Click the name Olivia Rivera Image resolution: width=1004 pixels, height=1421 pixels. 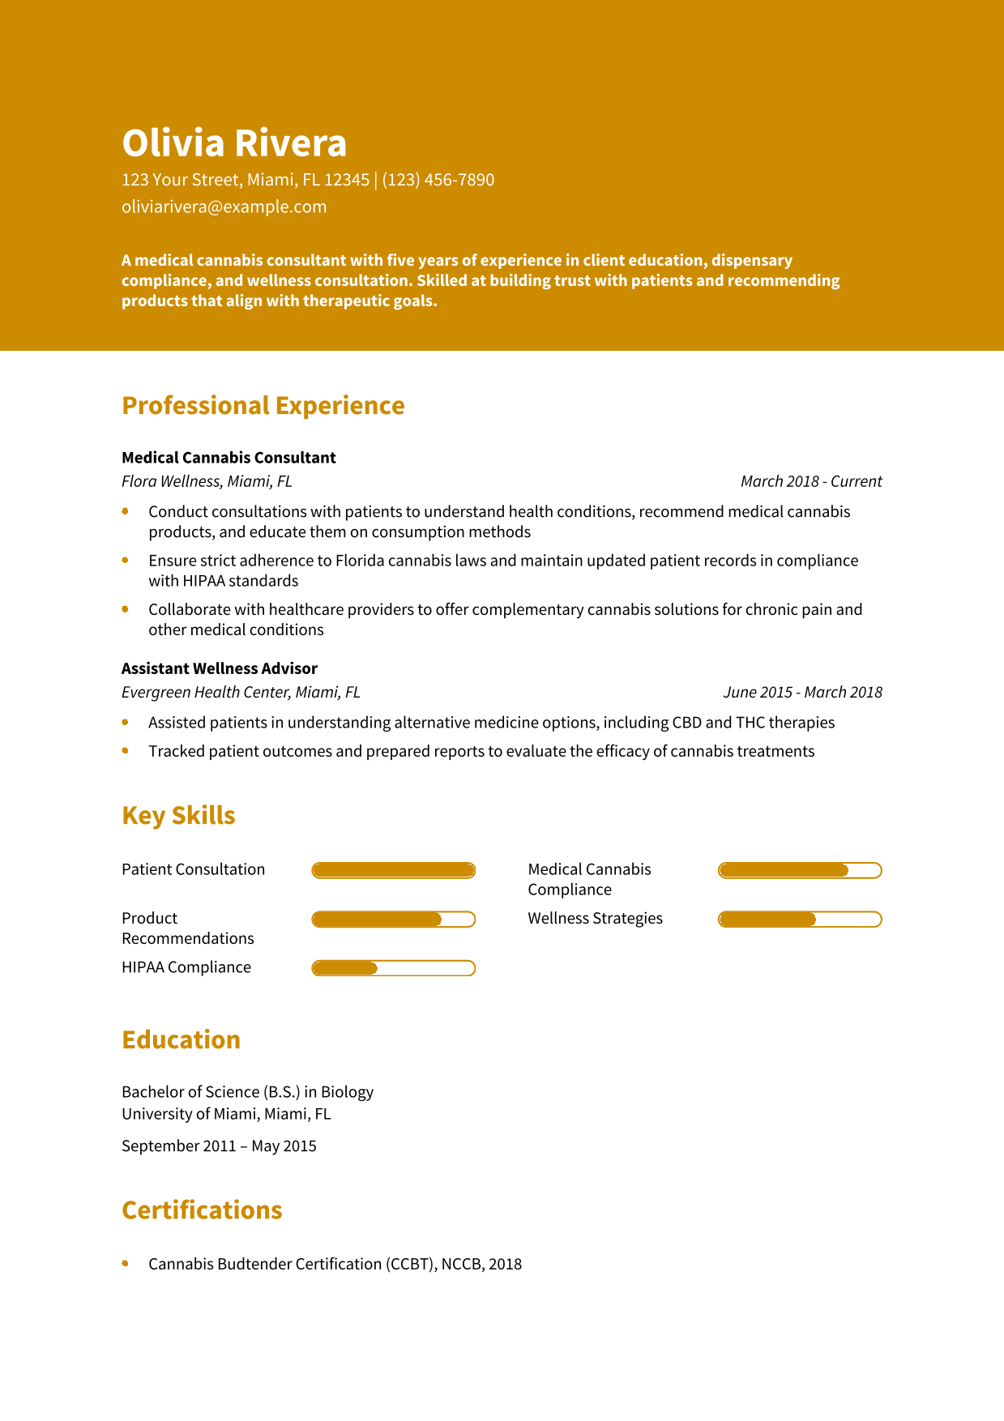[x=234, y=143]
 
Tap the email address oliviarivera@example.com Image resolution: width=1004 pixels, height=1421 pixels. [x=224, y=207]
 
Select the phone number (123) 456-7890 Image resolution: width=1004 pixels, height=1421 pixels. [x=438, y=180]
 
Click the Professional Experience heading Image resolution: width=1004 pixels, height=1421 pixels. [x=263, y=405]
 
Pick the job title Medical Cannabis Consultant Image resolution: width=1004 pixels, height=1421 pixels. [x=229, y=458]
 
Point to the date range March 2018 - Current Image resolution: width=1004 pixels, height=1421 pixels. [x=810, y=481]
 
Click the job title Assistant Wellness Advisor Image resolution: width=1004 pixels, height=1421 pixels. [x=219, y=668]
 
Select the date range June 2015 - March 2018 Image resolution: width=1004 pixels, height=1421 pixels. [x=802, y=692]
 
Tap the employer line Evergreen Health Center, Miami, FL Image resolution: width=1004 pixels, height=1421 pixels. [x=241, y=692]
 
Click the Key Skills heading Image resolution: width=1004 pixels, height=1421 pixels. [x=178, y=815]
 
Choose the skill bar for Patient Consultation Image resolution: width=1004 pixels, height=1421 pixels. [x=393, y=870]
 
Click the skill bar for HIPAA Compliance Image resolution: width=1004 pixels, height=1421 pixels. [x=393, y=968]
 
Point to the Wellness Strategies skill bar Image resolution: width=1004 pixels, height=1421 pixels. [x=800, y=920]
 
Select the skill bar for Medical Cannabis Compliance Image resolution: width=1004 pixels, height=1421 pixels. [x=800, y=870]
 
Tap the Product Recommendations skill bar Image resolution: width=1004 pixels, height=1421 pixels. [x=393, y=920]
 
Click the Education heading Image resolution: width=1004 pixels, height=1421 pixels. [x=181, y=1039]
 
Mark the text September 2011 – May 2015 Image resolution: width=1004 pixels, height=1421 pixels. [x=219, y=1146]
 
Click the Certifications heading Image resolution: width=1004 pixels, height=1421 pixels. [x=202, y=1210]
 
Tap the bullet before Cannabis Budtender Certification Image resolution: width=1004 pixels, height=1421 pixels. [x=126, y=1263]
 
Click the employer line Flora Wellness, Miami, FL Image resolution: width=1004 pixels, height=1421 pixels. [x=207, y=481]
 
